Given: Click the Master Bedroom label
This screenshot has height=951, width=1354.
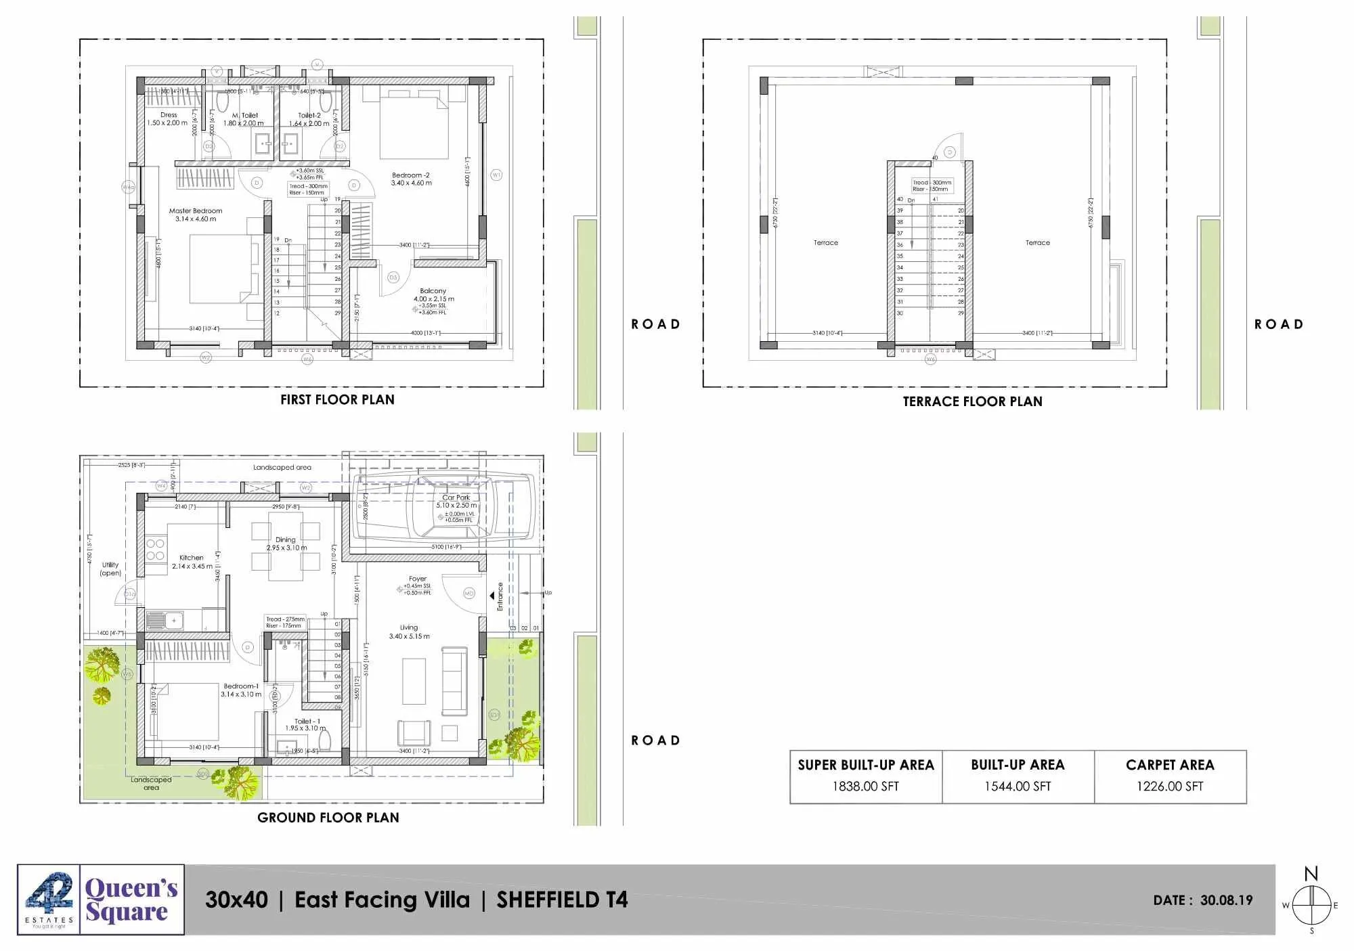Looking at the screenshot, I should pos(196,211).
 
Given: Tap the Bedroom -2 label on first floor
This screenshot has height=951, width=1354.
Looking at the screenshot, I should pos(410,175).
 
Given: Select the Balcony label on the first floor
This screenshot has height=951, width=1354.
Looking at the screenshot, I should pos(433,291).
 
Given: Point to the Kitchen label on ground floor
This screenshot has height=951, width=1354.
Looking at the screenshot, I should pos(192,558).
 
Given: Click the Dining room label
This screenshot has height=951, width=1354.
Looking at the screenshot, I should pos(286,540).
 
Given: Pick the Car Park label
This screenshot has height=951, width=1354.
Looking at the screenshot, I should pos(456,497).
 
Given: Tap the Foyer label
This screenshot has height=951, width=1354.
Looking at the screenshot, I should pos(418,579).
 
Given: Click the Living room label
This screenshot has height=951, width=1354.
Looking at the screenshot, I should pos(409,627).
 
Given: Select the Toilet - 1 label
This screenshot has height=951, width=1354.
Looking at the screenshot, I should pos(307,722).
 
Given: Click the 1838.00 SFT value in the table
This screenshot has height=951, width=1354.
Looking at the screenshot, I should pos(865,787).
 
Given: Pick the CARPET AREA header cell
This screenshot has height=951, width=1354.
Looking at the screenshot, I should pos(1170,765).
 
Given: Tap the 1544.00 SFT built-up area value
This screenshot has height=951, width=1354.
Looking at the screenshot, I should pos(1018,787).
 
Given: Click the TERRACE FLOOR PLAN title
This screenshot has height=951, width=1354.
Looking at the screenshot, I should pos(972,401).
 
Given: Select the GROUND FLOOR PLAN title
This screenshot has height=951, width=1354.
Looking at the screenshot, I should pos(328,818).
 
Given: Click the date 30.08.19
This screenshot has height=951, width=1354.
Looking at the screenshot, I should pos(1226,900).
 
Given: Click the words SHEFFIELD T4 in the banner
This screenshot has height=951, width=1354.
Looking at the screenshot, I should pos(562,900).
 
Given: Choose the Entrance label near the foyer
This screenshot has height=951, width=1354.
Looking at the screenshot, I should pos(500,596).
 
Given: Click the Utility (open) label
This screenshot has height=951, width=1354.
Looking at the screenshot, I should pos(110,569).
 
